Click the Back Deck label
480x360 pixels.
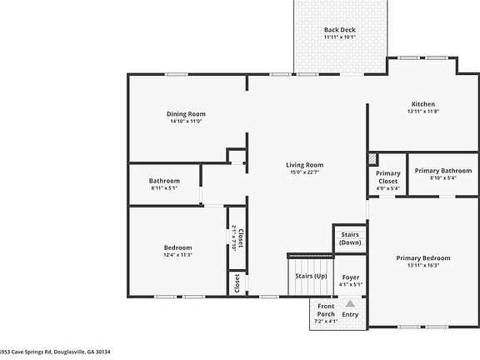[x=339, y=30]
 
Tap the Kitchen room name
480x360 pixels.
[x=422, y=103]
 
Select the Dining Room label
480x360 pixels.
[x=186, y=114]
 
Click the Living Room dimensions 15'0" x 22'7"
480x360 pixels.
[x=306, y=172]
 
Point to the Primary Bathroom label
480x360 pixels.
[x=437, y=170]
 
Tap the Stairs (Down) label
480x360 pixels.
[x=350, y=238]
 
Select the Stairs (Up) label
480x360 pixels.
[x=310, y=276]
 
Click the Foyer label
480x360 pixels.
[x=351, y=277]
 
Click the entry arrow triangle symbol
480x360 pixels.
[x=351, y=305]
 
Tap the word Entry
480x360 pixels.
[x=351, y=314]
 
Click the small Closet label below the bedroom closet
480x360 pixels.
[x=237, y=282]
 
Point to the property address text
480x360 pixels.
[x=55, y=352]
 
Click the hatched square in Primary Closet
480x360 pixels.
[x=372, y=159]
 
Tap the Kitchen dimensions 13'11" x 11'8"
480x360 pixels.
[x=422, y=111]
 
